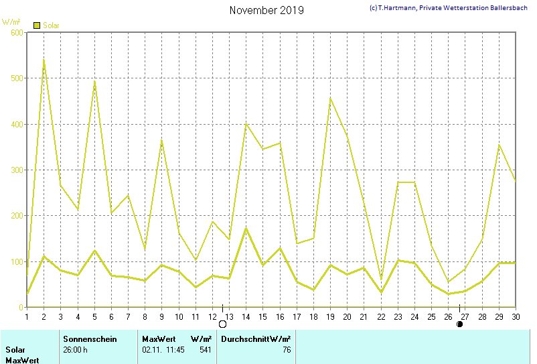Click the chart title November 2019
(266, 10)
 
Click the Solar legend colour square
(37, 25)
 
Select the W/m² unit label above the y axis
(11, 22)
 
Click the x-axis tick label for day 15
(262, 316)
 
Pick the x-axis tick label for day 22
(381, 316)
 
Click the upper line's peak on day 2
(44, 60)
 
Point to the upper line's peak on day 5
(94, 81)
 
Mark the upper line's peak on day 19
(330, 99)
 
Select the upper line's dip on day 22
(381, 280)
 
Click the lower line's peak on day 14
(246, 229)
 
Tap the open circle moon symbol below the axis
(223, 324)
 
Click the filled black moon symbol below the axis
(459, 324)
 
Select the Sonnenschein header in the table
(90, 339)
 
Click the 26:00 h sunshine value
(76, 349)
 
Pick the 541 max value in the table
(206, 349)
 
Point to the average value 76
(287, 349)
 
